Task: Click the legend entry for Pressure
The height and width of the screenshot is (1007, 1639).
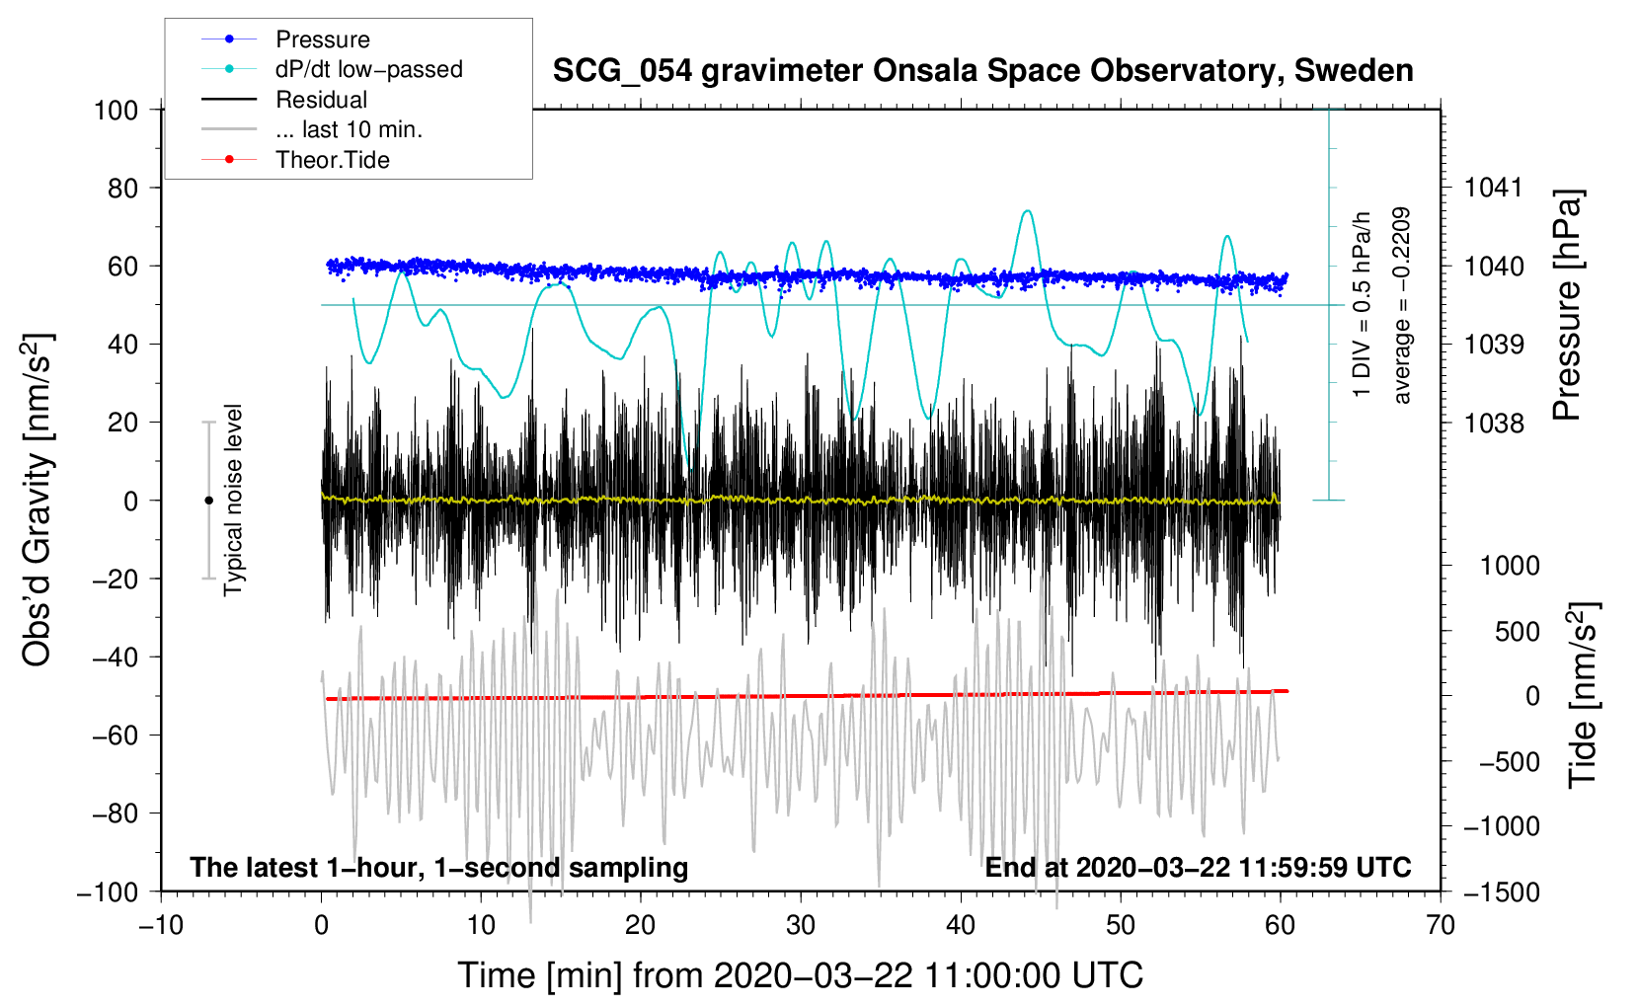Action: point(322,39)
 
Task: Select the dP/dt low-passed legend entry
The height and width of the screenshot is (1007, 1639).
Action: point(368,69)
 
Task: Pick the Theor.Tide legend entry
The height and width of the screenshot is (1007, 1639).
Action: point(332,160)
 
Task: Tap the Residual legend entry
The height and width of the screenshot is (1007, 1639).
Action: point(321,100)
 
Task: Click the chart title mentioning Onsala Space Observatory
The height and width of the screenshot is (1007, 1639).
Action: point(982,71)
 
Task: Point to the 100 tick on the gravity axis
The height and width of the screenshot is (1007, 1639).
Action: point(116,110)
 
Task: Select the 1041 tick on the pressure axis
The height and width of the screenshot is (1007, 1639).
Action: point(1494,188)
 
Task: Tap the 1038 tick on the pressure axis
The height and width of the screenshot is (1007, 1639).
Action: point(1494,424)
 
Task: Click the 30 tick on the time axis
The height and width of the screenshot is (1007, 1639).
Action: point(801,925)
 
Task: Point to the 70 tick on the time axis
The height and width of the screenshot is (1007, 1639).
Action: point(1441,925)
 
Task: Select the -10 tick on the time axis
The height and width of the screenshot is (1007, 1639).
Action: point(161,925)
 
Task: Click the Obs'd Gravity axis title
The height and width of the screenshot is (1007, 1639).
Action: point(37,501)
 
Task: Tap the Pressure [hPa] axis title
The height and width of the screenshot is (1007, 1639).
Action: point(1567,306)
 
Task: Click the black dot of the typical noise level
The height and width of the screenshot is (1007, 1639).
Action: point(208,501)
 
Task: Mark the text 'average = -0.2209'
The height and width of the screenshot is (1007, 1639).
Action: point(1402,306)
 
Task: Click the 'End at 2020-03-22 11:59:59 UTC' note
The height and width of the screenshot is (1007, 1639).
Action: point(1198,868)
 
